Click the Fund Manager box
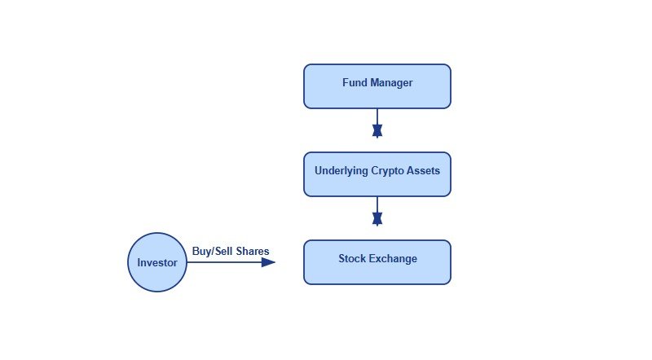[x=377, y=86]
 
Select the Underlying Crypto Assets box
[x=377, y=174]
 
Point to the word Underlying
[x=340, y=171]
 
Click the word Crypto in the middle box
[x=387, y=171]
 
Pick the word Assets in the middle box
[x=424, y=171]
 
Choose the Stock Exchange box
[x=377, y=262]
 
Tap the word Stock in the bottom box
[x=352, y=259]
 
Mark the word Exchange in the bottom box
[x=393, y=259]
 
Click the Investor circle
[x=157, y=262]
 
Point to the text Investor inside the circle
[x=157, y=263]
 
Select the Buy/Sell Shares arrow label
[x=231, y=252]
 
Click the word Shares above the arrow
[x=252, y=252]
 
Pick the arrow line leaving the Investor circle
[x=224, y=262]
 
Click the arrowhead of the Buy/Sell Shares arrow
[x=269, y=262]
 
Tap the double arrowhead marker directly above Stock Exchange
[x=377, y=218]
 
